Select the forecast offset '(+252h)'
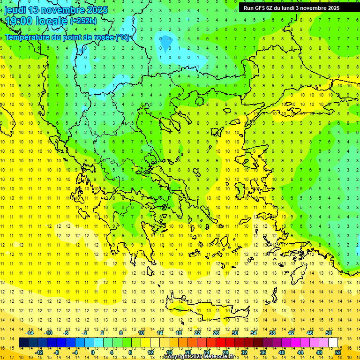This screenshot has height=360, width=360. click(83, 21)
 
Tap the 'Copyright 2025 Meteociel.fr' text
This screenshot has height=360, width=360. click(199, 357)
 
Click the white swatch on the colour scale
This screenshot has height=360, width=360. click(333, 343)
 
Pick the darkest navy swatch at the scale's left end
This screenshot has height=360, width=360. click(23, 343)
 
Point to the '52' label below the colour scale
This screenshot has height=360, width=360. click(337, 352)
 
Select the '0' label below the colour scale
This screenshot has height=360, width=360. click(93, 352)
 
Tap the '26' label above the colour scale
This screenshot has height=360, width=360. click(216, 333)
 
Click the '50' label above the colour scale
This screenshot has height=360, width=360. click(328, 333)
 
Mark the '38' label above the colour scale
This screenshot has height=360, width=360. click(272, 333)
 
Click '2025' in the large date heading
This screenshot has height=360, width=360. click(97, 10)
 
